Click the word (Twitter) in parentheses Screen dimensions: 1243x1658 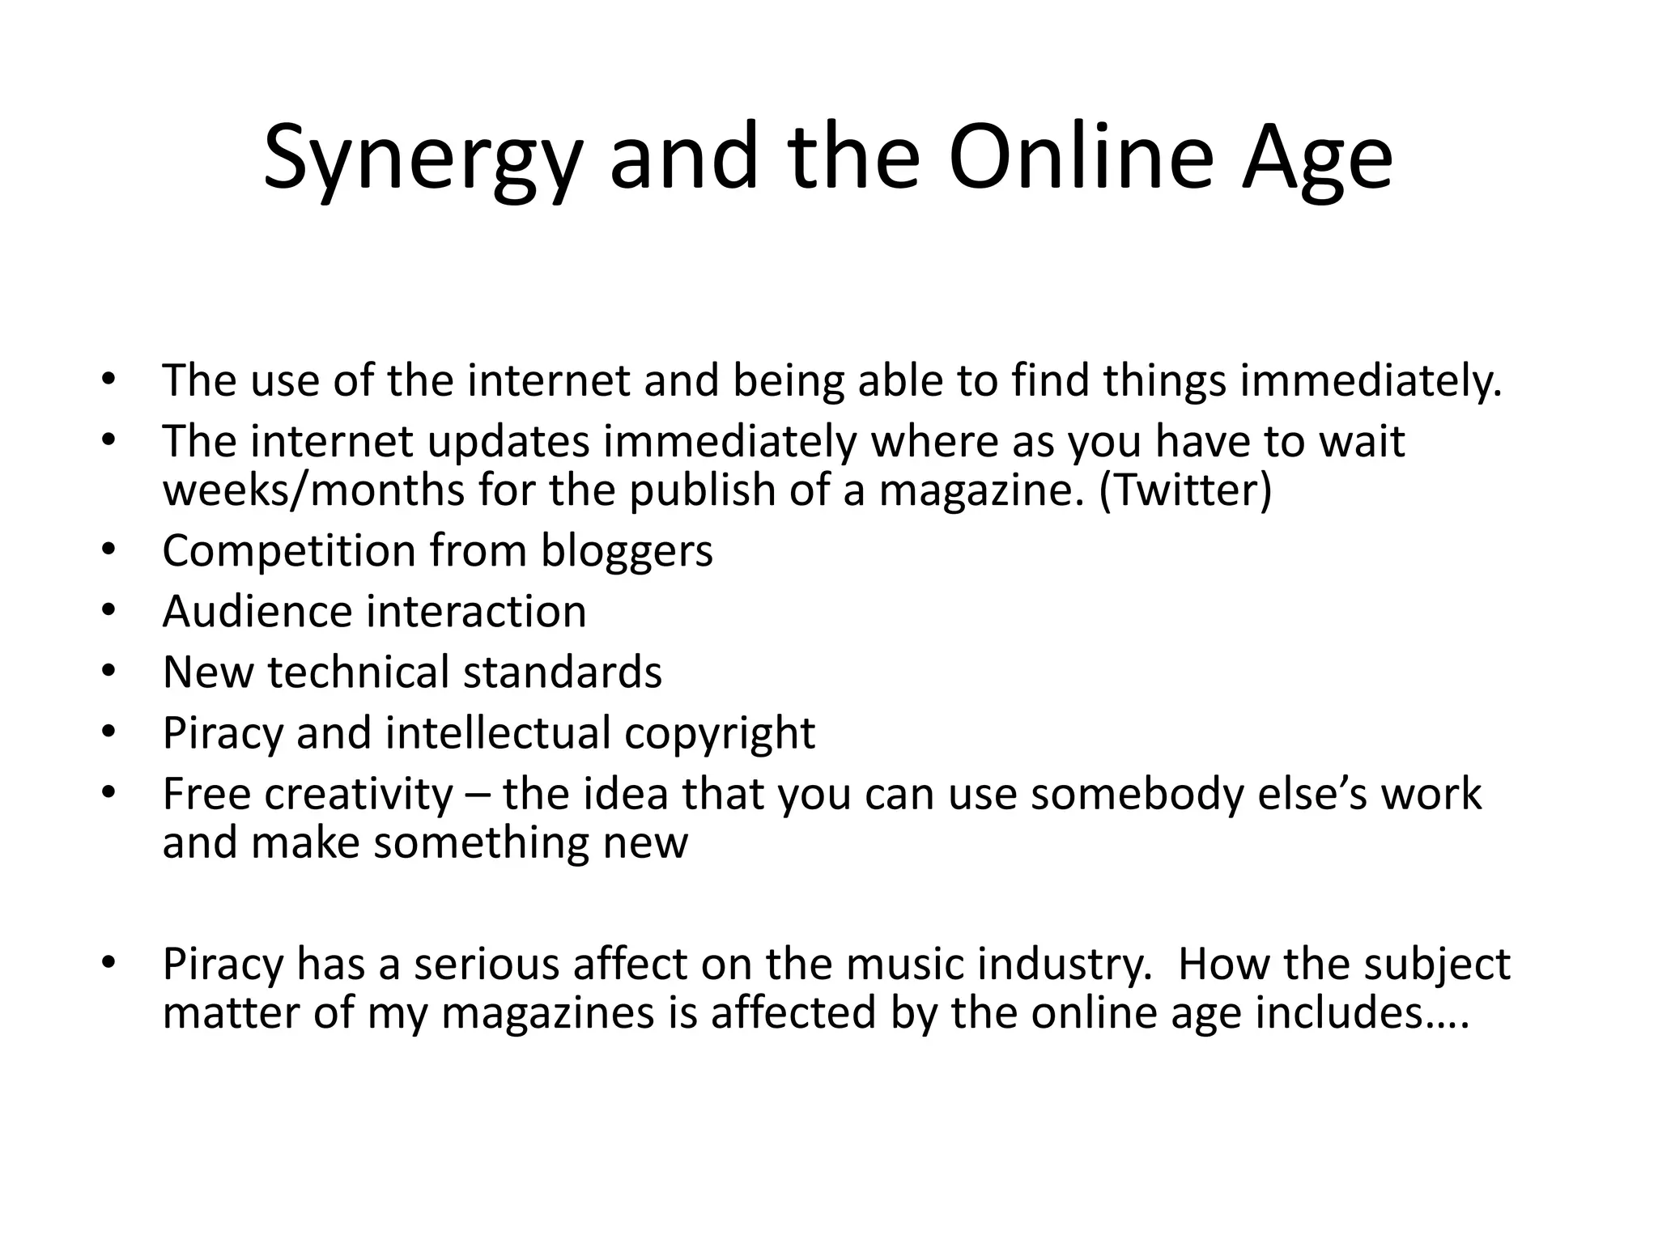pos(1185,490)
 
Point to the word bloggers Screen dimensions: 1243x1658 pos(627,552)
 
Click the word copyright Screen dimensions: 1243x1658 pos(720,734)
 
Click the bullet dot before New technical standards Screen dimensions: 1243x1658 pos(108,672)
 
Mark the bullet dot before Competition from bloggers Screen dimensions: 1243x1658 pos(108,551)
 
